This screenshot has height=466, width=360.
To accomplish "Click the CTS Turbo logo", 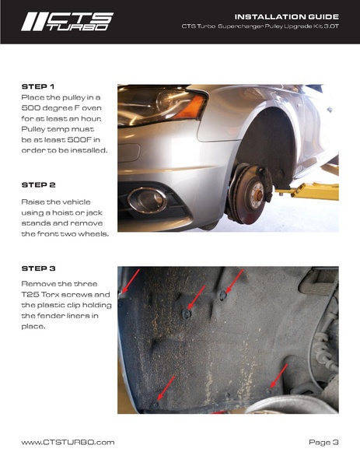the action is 67,22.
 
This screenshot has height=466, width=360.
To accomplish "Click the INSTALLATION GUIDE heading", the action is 287,16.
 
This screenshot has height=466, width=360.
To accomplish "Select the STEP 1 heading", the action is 38,86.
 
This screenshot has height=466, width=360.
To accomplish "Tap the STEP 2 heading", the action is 39,185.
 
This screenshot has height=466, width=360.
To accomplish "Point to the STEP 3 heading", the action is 39,268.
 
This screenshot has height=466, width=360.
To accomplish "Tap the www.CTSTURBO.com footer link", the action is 68,442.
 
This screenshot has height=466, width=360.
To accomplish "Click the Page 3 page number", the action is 323,442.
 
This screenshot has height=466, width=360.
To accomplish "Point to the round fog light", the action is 147,200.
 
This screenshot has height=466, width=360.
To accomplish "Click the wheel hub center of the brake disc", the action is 258,195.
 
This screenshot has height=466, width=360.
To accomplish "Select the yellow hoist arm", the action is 309,191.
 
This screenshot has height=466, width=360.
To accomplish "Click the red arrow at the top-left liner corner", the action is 131,281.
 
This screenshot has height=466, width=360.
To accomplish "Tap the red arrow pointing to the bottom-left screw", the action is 166,387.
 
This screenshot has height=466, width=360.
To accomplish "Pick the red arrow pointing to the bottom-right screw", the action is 279,375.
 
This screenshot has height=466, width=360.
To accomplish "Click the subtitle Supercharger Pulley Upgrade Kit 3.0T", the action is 278,26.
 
